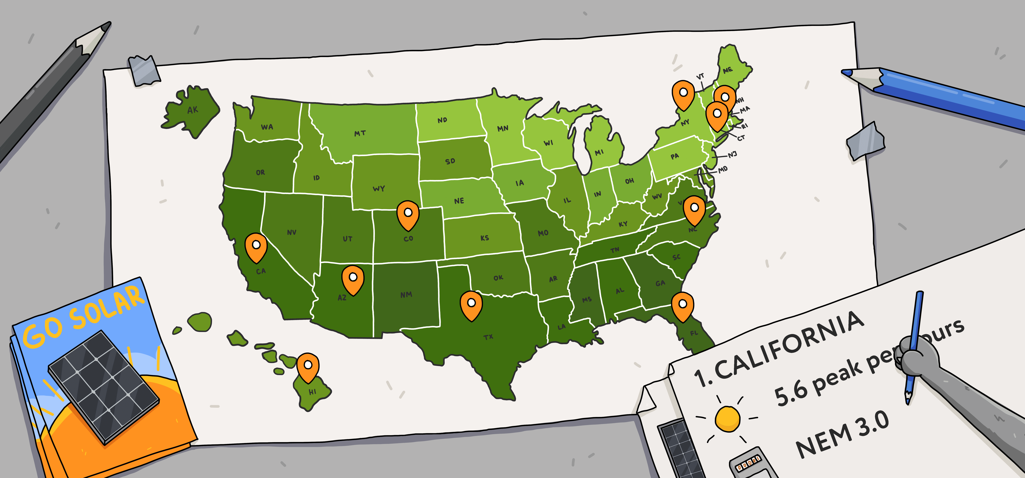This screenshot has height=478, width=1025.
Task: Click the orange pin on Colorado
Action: tap(408, 214)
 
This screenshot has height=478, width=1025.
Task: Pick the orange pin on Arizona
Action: tap(353, 279)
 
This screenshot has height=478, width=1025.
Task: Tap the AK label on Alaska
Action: tap(193, 110)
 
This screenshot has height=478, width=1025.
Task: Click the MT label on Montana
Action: tap(360, 133)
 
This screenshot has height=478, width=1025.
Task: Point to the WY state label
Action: tap(379, 188)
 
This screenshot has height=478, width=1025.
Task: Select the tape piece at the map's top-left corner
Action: tap(144, 70)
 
